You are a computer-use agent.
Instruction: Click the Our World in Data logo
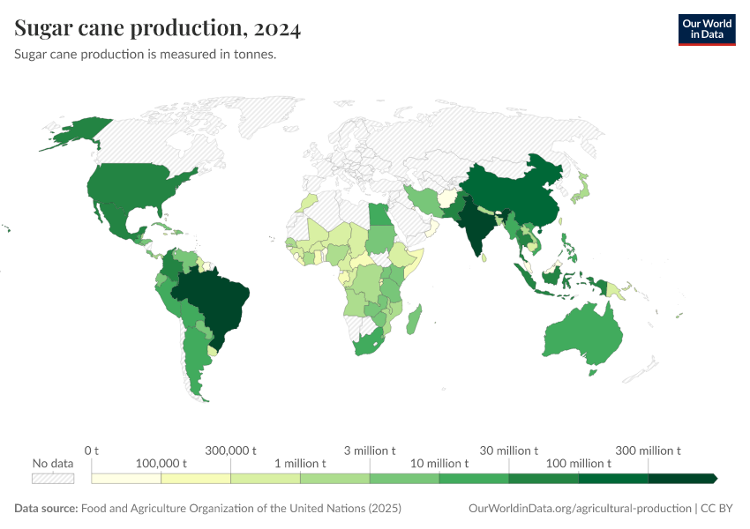point(706,29)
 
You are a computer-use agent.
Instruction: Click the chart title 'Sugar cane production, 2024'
point(158,29)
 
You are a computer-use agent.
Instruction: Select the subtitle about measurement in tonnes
point(146,55)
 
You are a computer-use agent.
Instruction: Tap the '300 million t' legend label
point(649,451)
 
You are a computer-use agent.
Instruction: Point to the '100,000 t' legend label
point(161,464)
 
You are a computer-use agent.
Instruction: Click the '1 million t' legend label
point(300,464)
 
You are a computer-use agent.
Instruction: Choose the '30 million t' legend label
point(509,451)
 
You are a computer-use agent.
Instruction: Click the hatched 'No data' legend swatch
point(53,478)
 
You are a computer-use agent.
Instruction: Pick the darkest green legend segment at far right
point(681,478)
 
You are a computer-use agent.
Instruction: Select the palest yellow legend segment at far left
point(126,478)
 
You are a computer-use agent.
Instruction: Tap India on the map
point(476,225)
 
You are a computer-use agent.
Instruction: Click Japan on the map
point(580,189)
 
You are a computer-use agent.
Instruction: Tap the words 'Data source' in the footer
point(46,509)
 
